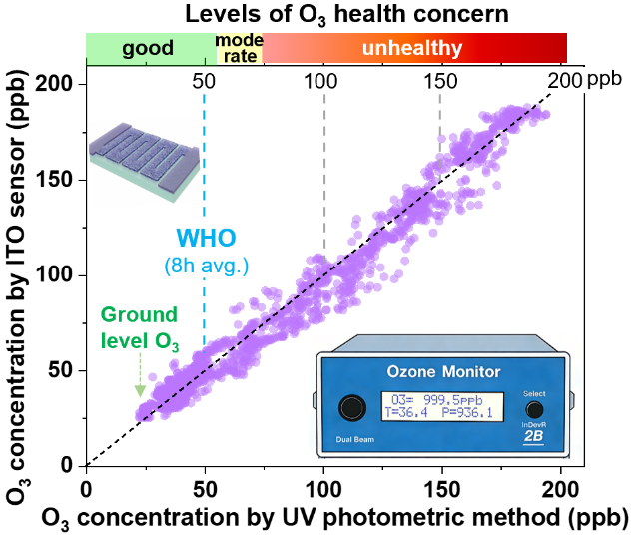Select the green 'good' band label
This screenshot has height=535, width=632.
tap(148, 48)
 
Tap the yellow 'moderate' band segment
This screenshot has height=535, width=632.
tap(239, 48)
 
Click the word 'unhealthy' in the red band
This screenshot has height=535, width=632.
tap(412, 48)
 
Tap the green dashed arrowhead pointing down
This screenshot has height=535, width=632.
tap(140, 390)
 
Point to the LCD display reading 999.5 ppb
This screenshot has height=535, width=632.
tap(440, 408)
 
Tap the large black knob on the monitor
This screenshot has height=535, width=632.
tap(350, 410)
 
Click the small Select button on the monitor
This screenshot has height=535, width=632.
tap(535, 409)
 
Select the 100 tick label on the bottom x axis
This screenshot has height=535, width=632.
tap(323, 490)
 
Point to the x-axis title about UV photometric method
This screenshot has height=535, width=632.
tap(334, 517)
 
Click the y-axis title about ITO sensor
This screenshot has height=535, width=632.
tap(17, 269)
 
